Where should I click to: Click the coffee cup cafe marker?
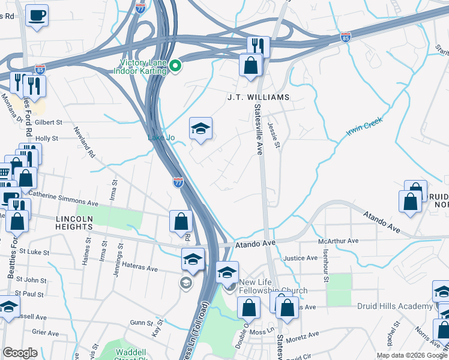[37, 15]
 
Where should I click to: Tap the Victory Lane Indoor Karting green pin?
[175, 65]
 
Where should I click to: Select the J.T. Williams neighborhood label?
[258, 97]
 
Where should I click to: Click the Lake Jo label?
[161, 138]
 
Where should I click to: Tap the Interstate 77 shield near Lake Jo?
[178, 182]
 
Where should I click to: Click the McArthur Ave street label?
[338, 241]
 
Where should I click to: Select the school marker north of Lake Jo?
[200, 128]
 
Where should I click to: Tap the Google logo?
[20, 352]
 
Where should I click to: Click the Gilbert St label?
[49, 122]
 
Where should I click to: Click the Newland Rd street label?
[85, 142]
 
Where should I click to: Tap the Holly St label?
[46, 138]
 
